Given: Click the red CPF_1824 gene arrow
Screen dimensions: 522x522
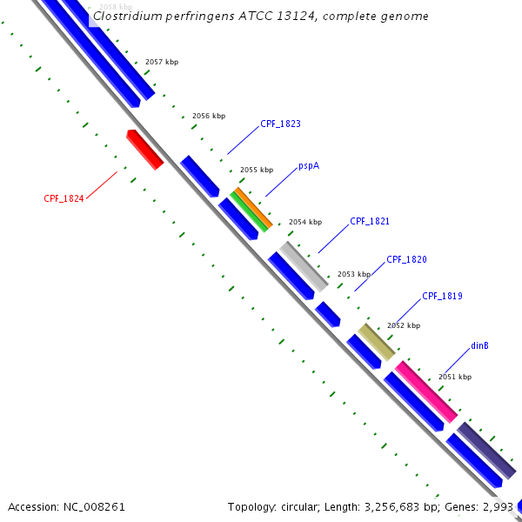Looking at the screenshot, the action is click(145, 150).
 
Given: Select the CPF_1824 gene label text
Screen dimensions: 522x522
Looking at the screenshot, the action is click(64, 198).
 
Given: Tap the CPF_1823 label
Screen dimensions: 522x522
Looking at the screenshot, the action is click(280, 124).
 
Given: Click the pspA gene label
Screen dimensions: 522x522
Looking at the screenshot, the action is click(309, 165).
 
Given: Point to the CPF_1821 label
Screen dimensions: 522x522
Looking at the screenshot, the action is click(370, 222).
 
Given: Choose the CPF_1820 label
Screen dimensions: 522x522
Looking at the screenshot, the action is click(406, 259).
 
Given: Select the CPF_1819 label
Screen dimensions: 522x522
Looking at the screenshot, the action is click(442, 297).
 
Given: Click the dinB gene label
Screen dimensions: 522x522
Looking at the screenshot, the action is click(479, 345).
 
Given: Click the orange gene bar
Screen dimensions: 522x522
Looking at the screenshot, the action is click(253, 209).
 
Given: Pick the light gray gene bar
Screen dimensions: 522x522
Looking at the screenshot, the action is click(304, 266).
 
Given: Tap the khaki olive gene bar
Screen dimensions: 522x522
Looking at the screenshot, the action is click(377, 342).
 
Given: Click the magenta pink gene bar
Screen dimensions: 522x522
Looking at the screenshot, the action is click(426, 392).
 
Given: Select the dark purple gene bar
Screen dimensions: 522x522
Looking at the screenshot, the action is click(487, 450).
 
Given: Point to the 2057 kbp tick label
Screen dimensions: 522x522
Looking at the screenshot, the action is click(161, 63).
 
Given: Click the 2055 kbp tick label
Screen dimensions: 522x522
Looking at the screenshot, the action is click(256, 170).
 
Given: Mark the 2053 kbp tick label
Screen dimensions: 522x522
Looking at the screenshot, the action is click(353, 274).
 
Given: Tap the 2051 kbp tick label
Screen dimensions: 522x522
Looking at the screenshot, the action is click(454, 377).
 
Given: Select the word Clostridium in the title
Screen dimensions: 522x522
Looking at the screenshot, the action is click(127, 16).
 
